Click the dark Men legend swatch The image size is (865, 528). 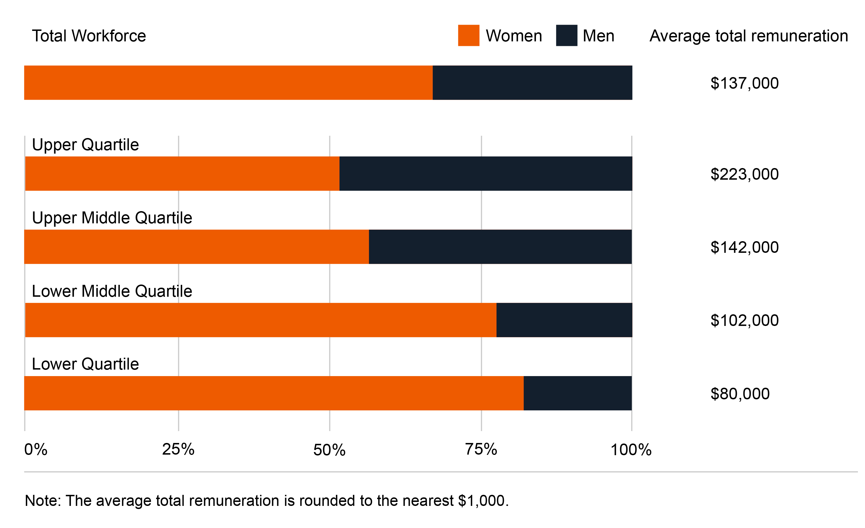click(x=566, y=35)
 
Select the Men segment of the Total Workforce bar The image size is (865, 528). click(x=532, y=82)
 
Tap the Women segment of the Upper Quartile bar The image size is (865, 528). click(x=182, y=173)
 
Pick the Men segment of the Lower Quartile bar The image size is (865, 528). click(x=578, y=393)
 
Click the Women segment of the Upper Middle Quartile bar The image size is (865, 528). click(x=197, y=247)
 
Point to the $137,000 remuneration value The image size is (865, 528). click(x=744, y=83)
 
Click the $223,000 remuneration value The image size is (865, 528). click(x=744, y=174)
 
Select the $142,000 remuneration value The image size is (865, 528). click(x=744, y=247)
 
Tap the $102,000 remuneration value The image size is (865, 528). click(x=744, y=320)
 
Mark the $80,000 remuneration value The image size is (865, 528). click(x=740, y=394)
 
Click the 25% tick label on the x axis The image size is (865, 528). click(x=178, y=449)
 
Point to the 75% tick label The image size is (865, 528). click(x=481, y=449)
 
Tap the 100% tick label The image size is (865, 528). click(x=631, y=450)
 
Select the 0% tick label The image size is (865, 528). click(x=35, y=449)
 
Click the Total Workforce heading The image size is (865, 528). click(x=89, y=36)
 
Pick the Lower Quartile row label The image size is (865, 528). click(x=85, y=364)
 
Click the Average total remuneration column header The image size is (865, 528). click(x=749, y=36)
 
